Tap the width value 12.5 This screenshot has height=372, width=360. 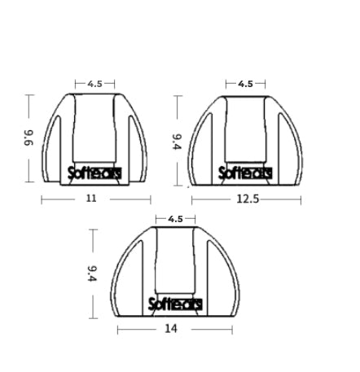coord(247,198)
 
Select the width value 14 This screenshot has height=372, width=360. coord(170,329)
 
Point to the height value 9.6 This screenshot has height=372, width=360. coord(29,138)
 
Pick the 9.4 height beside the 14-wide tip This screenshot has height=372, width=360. coord(93,273)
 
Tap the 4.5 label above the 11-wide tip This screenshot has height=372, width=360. coord(94,83)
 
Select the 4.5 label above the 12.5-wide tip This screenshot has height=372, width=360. coord(245,83)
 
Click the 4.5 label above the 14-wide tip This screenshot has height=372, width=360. coord(175,218)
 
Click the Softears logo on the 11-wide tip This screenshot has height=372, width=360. coord(94,173)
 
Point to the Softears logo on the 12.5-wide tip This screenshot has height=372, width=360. coord(245,173)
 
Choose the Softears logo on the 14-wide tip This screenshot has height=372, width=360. coord(175,304)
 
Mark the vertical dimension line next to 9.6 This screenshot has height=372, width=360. coord(29,106)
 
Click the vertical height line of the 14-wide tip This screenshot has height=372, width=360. coord(93,244)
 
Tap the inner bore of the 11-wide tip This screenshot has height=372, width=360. coord(94,130)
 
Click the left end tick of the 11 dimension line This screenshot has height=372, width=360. coord(42,198)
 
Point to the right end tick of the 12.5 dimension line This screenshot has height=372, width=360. coord(301,198)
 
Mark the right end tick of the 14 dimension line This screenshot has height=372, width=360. coord(232,329)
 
